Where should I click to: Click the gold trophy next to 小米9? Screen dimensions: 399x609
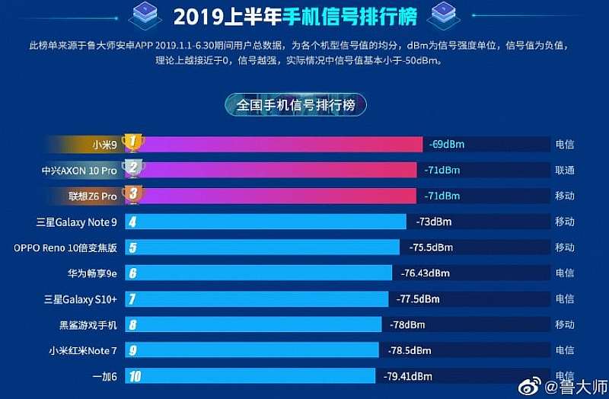(134, 142)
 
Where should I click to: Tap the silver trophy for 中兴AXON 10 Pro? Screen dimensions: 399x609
(134, 168)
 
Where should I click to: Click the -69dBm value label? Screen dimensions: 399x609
(446, 144)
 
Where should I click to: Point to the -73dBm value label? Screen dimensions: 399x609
(435, 222)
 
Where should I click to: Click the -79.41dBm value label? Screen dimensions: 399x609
(408, 376)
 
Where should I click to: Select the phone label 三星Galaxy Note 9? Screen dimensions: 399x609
(76, 222)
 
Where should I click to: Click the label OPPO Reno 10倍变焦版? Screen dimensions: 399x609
(65, 247)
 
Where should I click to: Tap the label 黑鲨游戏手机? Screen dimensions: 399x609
(88, 325)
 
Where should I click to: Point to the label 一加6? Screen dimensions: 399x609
(104, 376)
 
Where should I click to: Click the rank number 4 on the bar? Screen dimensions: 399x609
(133, 222)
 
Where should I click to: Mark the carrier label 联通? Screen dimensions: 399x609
(564, 170)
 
